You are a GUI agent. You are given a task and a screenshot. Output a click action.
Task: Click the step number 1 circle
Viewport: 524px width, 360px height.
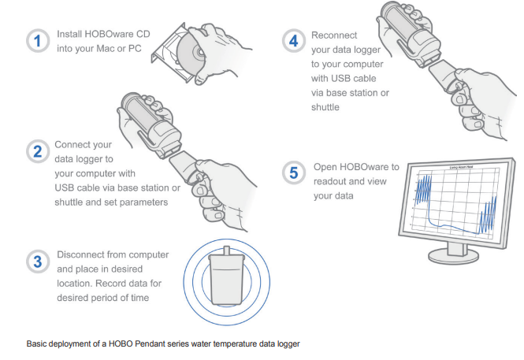tap(37, 41)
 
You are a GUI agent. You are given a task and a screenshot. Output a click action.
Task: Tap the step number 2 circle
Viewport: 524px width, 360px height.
tap(37, 150)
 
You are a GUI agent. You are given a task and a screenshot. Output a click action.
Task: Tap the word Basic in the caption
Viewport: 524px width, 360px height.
tap(36, 344)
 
